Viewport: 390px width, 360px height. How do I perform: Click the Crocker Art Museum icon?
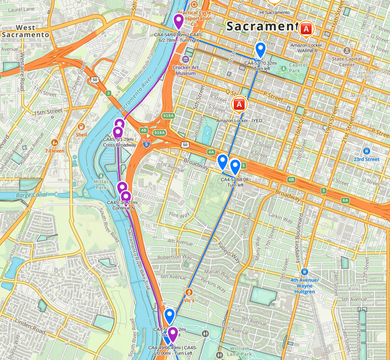pyautogui.click(x=186, y=59)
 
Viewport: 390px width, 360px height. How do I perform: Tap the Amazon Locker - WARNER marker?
pyautogui.click(x=307, y=29)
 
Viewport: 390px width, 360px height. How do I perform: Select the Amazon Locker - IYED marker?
pyautogui.click(x=239, y=105)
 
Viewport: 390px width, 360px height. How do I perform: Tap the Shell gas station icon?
pyautogui.click(x=81, y=127)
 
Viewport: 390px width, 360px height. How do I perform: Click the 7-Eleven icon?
pyautogui.click(x=54, y=143)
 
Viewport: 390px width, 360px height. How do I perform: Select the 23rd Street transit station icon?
pyautogui.click(x=366, y=151)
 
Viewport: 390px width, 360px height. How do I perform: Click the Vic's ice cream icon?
pyautogui.click(x=189, y=292)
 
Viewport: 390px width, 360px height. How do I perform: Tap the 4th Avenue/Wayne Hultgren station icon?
pyautogui.click(x=304, y=271)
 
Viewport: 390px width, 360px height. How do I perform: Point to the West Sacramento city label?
pyautogui.click(x=25, y=31)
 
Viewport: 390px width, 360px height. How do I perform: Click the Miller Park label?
pyautogui.click(x=101, y=184)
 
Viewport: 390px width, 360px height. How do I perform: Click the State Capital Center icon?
pyautogui.click(x=347, y=51)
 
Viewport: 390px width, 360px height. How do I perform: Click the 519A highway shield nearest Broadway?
pyautogui.click(x=160, y=133)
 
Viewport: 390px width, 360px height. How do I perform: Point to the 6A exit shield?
pyautogui.click(x=345, y=200)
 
